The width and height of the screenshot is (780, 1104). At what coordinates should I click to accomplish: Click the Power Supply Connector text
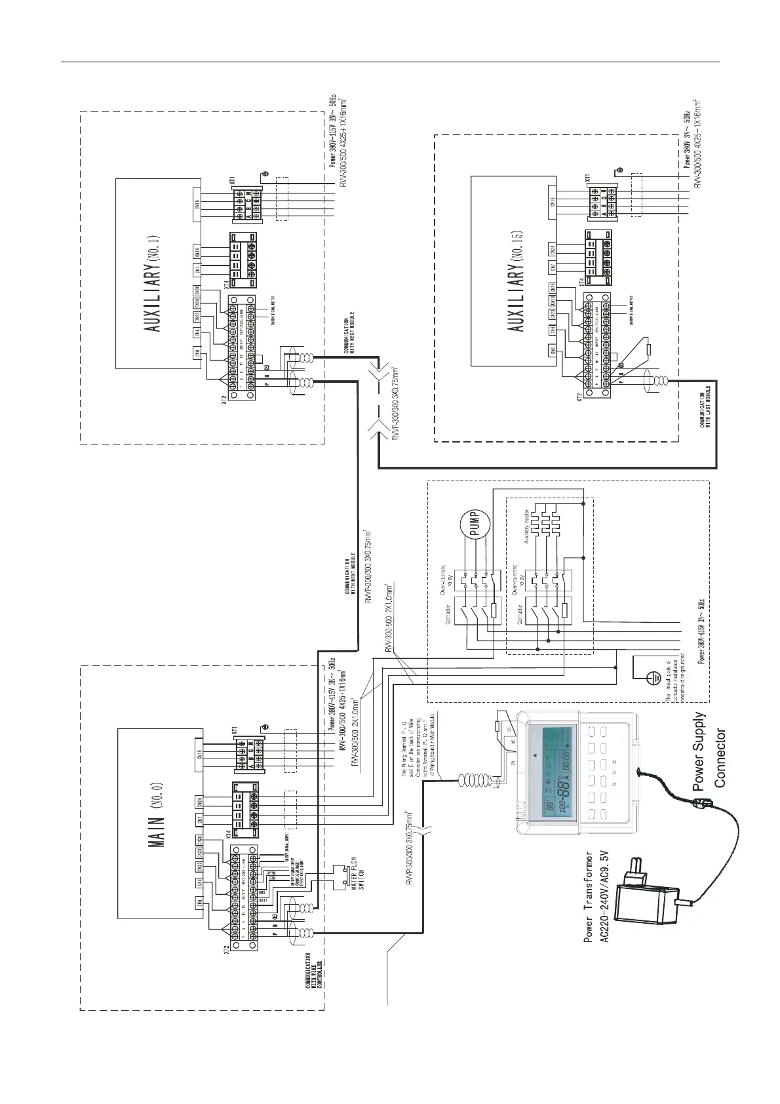pos(709,750)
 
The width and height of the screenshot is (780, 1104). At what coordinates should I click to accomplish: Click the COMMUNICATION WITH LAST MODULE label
pos(705,410)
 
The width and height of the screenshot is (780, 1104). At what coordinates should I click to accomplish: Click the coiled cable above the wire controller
pos(476,779)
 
